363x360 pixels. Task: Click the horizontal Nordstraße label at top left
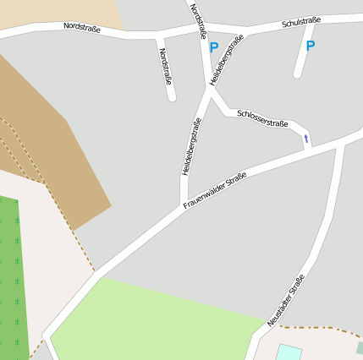pyautogui.click(x=81, y=28)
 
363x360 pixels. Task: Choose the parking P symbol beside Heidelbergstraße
pyautogui.click(x=213, y=48)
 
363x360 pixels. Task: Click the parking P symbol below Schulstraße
pyautogui.click(x=310, y=46)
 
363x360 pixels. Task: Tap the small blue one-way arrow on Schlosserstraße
pyautogui.click(x=305, y=138)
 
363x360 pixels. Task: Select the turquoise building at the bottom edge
pyautogui.click(x=289, y=352)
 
